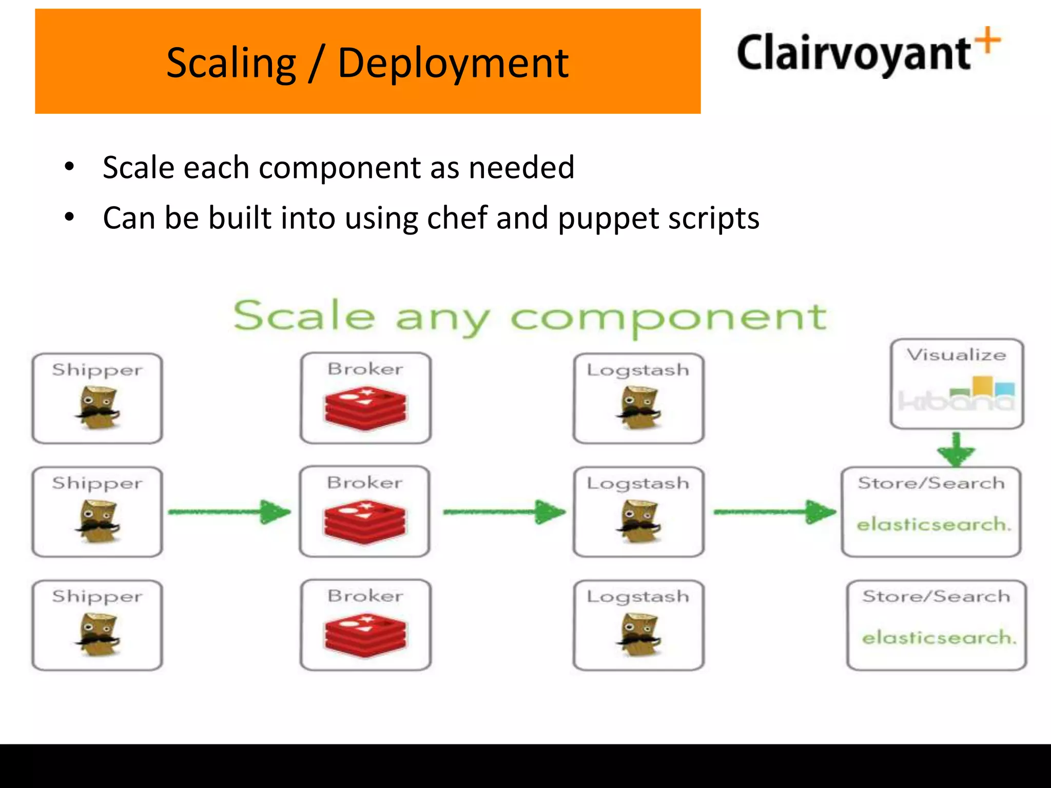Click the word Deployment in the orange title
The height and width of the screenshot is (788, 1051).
click(x=453, y=64)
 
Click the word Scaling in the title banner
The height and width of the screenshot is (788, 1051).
click(x=231, y=64)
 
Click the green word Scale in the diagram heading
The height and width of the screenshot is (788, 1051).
click(x=304, y=316)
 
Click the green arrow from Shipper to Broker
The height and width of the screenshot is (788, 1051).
click(x=229, y=511)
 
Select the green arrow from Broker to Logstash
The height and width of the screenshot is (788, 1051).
click(x=504, y=511)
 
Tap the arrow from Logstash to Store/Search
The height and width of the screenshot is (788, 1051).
click(x=774, y=511)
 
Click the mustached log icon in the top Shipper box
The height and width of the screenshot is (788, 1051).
click(x=98, y=408)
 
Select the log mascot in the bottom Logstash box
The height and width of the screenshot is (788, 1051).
click(x=638, y=635)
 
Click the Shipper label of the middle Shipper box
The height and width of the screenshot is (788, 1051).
click(x=97, y=483)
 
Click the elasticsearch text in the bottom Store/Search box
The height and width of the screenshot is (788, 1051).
click(x=939, y=638)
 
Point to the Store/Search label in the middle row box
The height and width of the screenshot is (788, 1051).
click(x=931, y=483)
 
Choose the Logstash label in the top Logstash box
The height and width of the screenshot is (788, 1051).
click(x=638, y=370)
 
